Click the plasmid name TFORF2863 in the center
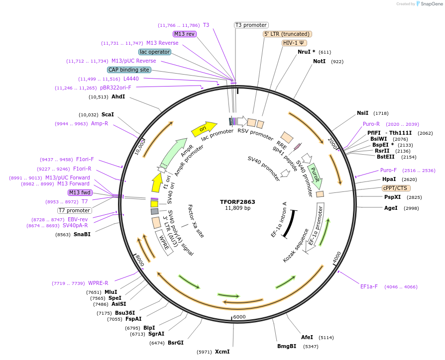237,202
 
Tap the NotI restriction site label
319,61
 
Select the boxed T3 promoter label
251,25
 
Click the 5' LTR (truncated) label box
287,34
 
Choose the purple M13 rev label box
185,34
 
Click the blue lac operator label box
155,52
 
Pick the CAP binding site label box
128,70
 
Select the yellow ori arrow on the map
204,128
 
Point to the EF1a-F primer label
369,286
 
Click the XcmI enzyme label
222,352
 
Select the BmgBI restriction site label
287,346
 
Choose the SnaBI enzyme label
82,234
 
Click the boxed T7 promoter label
74,210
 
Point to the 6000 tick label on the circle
239,317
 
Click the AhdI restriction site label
118,96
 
